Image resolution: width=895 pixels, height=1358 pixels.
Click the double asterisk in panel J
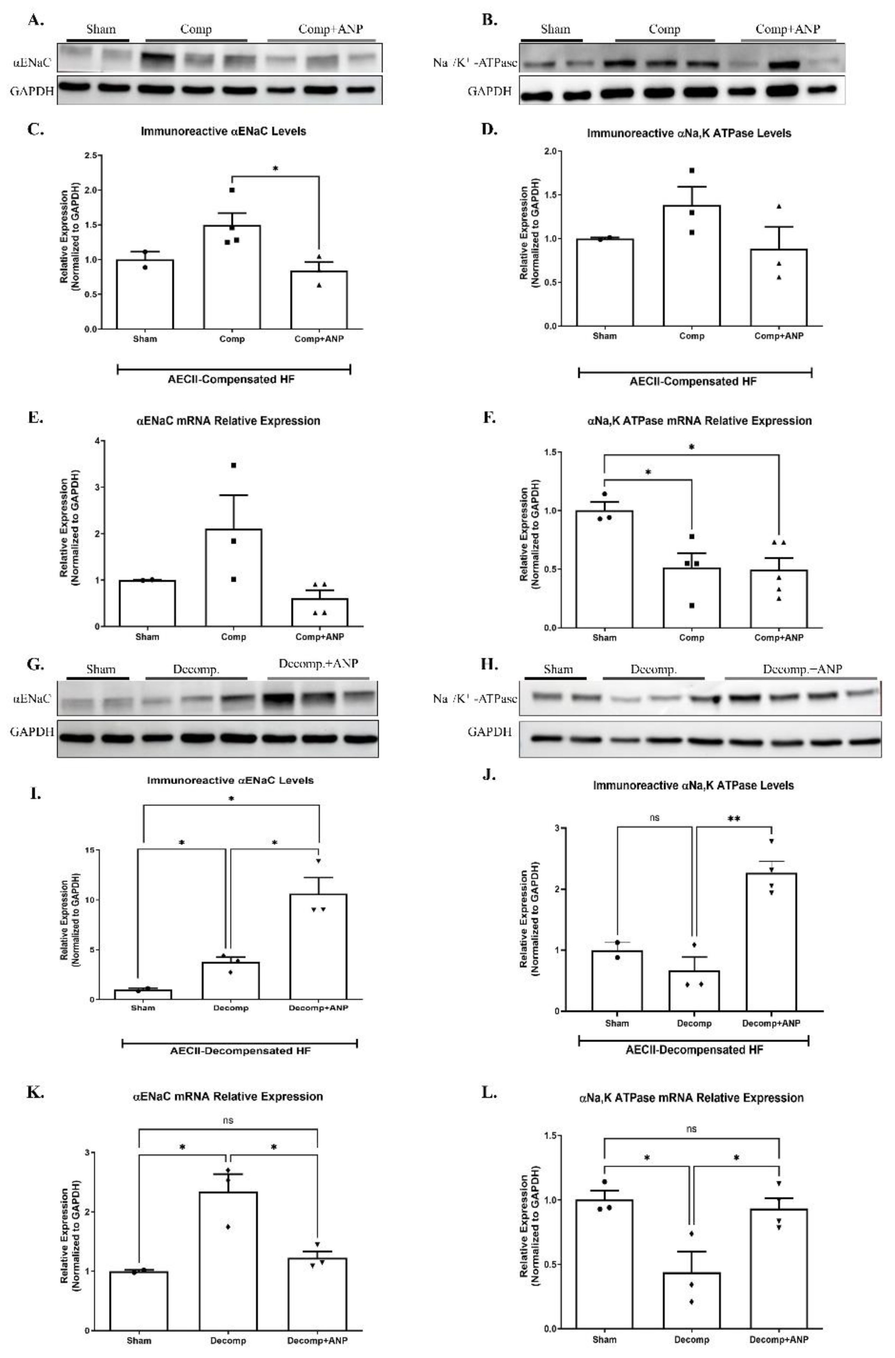[x=733, y=818]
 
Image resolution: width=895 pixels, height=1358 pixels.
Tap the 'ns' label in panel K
[x=228, y=1120]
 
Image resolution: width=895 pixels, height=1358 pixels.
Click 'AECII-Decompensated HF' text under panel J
[x=694, y=1050]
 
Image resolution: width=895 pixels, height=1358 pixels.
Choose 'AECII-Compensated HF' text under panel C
[x=231, y=379]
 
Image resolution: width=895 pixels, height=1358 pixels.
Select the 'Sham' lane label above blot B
[x=555, y=29]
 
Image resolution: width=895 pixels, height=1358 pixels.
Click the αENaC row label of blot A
[x=32, y=62]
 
